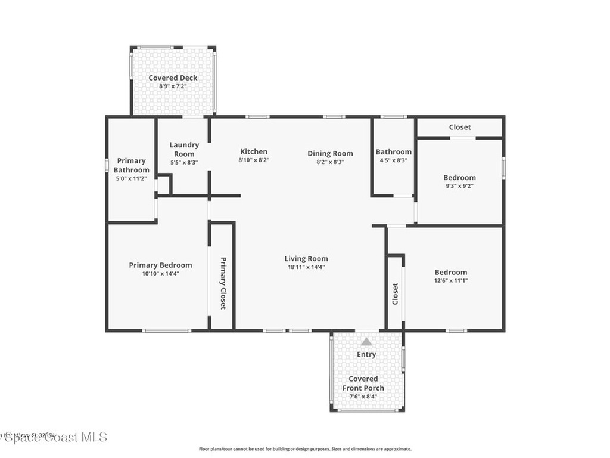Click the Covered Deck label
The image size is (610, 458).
[x=173, y=78]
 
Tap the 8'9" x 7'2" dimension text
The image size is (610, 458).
[x=173, y=86]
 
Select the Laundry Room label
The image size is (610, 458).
[x=184, y=149]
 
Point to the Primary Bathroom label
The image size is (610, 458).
[x=132, y=165]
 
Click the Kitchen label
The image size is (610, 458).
[x=254, y=151]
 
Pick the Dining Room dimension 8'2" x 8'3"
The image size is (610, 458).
[x=330, y=162]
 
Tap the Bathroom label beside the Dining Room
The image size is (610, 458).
[x=393, y=152]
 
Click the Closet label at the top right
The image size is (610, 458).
[x=459, y=127]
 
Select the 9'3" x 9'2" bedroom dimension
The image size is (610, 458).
[x=459, y=186]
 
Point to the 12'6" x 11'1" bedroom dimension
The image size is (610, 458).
[x=450, y=281]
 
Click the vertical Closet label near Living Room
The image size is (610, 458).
[x=395, y=293]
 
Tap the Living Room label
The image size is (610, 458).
[x=306, y=258]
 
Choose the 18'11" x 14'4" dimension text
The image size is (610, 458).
[x=306, y=267]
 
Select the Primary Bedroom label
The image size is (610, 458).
[x=160, y=265]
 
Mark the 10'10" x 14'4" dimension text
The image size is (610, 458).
[x=160, y=274]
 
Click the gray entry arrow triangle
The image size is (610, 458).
[x=366, y=342]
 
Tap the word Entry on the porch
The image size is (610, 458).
[x=366, y=354]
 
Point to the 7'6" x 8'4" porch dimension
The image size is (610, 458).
[x=363, y=397]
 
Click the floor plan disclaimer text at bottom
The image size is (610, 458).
[x=304, y=449]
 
